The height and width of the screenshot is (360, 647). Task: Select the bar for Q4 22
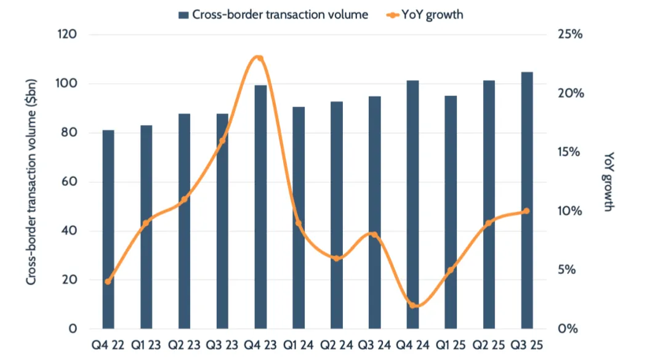point(108,230)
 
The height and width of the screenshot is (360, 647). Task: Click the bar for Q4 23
point(260,207)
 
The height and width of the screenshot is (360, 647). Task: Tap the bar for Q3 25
point(527,201)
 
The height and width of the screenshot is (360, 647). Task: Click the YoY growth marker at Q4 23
point(260,59)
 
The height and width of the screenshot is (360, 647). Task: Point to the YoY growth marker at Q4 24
point(413,305)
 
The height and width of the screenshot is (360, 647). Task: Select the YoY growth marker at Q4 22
point(108,282)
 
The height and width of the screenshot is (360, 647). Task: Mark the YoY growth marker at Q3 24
point(374,234)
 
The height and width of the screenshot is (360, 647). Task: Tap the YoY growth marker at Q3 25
point(527,211)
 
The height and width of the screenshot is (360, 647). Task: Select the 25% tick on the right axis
point(569,34)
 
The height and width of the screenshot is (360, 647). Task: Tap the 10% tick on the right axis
point(569,211)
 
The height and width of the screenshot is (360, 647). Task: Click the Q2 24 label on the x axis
point(336,345)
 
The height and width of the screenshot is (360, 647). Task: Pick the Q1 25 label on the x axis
point(451,345)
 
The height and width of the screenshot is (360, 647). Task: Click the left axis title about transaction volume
point(31,182)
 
